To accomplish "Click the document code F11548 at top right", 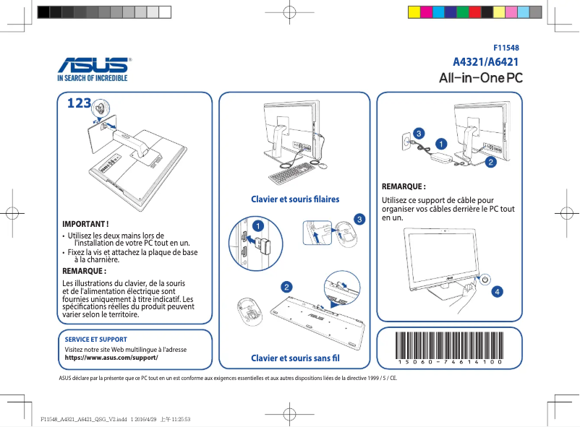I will coord(506,47).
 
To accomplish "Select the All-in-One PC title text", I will coord(481,77).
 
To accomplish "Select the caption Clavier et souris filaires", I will coord(294,199).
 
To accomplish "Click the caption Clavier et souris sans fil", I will coord(294,358).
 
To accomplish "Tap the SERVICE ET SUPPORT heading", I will coord(95,339).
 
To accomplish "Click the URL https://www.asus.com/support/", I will coord(111,358).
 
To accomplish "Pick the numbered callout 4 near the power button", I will coord(497,292).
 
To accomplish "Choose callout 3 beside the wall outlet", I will coord(418,134).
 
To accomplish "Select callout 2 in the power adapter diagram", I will coord(490,162).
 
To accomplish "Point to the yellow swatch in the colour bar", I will coord(414,12).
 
